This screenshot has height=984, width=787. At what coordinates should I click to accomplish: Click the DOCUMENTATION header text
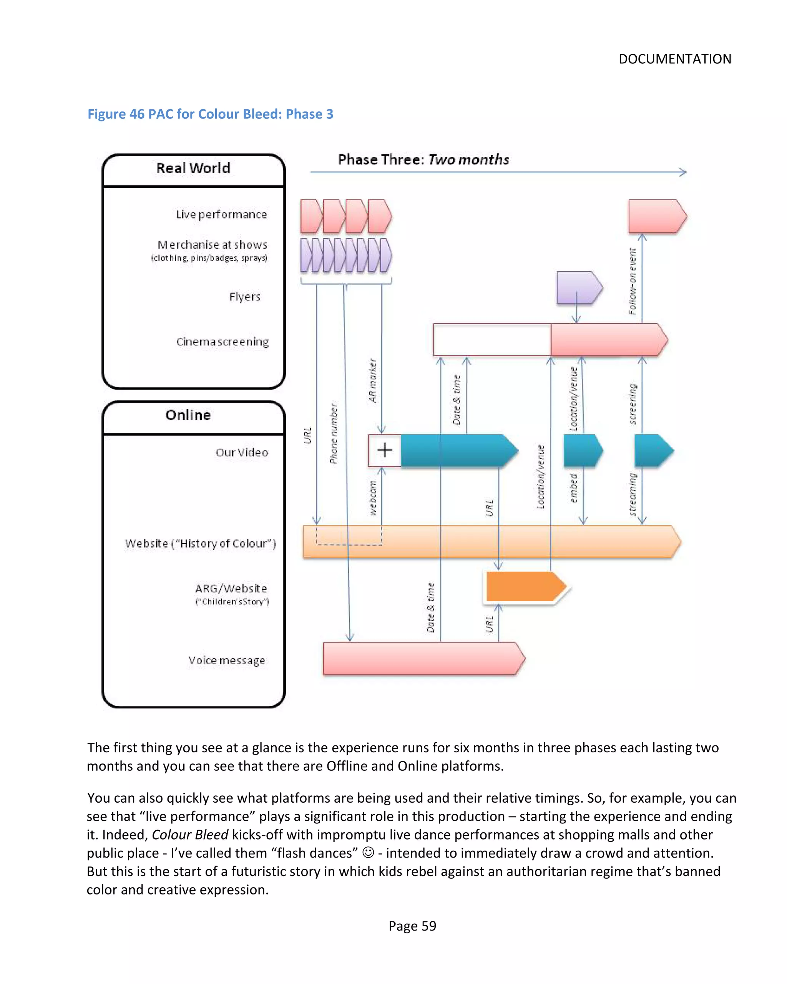coord(674,59)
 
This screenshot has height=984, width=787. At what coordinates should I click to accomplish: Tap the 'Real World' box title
coord(193,168)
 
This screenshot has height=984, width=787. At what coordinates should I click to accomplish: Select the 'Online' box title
coord(188,415)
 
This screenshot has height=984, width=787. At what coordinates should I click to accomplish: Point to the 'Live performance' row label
coord(221,214)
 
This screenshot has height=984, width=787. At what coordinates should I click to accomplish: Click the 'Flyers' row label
coord(245,297)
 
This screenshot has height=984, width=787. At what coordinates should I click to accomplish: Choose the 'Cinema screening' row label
coord(222,342)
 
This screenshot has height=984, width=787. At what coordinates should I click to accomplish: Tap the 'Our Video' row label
coord(241,452)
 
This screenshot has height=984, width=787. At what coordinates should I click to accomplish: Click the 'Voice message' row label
coord(226,660)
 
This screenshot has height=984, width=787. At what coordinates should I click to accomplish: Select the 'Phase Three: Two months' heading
coord(423,159)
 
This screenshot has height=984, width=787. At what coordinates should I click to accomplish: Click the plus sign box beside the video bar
coord(385,450)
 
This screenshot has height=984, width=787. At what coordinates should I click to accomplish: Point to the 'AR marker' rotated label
coord(372,381)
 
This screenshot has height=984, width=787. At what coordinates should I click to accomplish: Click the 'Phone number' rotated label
coord(334,433)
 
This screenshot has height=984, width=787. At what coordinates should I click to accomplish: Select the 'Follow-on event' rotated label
coord(632,281)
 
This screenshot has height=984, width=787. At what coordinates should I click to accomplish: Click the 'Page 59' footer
coord(412,926)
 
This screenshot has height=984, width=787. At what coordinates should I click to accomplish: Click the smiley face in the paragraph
coord(367,853)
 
